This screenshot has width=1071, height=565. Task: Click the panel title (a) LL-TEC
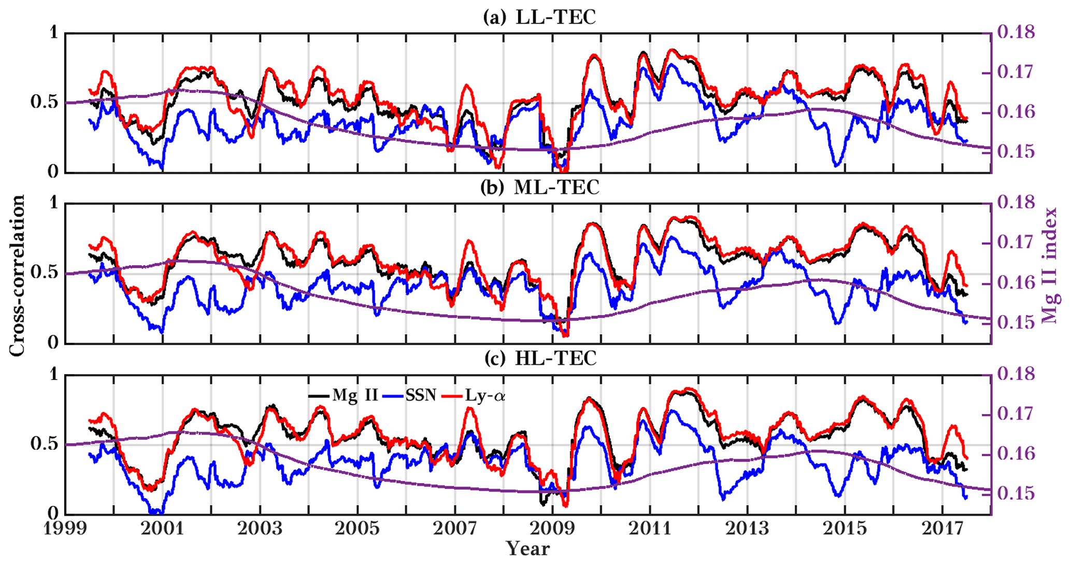539,18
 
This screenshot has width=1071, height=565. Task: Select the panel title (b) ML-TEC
539,188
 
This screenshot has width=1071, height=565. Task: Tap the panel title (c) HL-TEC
539,358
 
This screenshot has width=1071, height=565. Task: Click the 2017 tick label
943,529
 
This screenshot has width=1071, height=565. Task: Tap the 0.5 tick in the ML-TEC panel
44,273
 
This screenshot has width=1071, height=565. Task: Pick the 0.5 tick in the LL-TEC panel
44,102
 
